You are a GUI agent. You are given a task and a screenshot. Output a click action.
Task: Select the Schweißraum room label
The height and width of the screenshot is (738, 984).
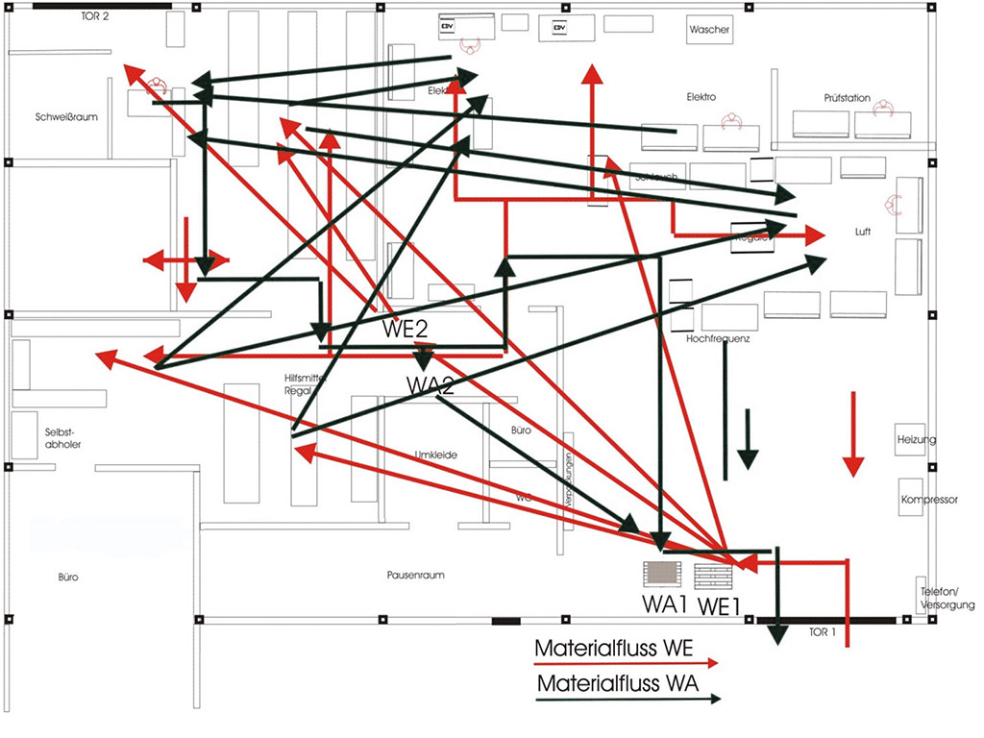pyautogui.click(x=67, y=117)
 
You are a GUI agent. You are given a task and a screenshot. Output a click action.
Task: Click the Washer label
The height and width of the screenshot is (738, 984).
pyautogui.click(x=709, y=30)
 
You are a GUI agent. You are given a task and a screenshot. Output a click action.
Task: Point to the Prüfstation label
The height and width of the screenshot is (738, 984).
pyautogui.click(x=847, y=98)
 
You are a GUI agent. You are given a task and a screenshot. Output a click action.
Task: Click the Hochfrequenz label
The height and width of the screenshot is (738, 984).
pyautogui.click(x=718, y=339)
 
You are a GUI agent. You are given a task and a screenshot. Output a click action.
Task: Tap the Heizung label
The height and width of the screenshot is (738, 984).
pyautogui.click(x=917, y=440)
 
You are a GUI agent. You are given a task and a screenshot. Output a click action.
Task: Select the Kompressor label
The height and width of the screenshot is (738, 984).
pyautogui.click(x=929, y=500)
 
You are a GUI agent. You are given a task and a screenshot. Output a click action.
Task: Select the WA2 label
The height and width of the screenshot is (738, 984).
pyautogui.click(x=430, y=385)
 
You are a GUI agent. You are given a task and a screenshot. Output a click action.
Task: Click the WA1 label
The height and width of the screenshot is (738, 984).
pyautogui.click(x=664, y=605)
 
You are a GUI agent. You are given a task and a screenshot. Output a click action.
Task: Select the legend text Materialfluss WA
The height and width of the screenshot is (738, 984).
pyautogui.click(x=615, y=684)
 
